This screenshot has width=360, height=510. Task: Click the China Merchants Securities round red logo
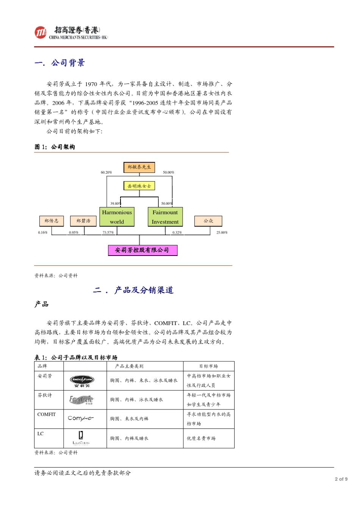[x=40, y=33]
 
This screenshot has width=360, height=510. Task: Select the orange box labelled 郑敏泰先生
[x=139, y=167]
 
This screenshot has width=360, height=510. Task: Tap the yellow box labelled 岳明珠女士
[x=139, y=186]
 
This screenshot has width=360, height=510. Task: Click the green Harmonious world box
[x=117, y=217]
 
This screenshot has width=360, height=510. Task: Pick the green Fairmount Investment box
[x=165, y=217]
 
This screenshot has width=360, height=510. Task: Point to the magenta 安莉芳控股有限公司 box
[x=142, y=250]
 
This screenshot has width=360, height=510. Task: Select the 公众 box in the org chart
[x=208, y=221]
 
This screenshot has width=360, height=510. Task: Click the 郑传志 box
[x=52, y=221]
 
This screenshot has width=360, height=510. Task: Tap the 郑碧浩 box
[x=83, y=221]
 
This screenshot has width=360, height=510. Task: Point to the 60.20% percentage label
[x=106, y=173]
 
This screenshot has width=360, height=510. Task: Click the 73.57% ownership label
[x=108, y=232]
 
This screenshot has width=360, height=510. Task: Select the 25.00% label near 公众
[x=222, y=232]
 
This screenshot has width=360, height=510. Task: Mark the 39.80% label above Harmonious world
[x=116, y=204]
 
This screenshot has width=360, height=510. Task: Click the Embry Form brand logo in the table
[x=82, y=380]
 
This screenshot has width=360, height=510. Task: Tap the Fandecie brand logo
[x=81, y=400]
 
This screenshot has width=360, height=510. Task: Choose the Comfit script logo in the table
[x=80, y=418]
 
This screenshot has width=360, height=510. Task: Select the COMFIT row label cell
[x=47, y=414]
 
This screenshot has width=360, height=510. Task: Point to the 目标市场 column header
[x=208, y=366]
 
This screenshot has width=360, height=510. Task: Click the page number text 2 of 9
[x=341, y=479]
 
